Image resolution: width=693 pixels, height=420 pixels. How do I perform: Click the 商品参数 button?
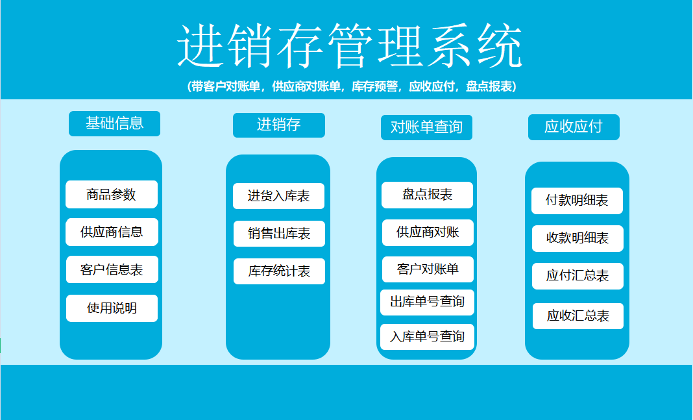(x=112, y=194)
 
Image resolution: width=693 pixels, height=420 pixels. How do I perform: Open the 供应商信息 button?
(x=112, y=232)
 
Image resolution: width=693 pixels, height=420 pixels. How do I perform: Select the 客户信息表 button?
(x=112, y=269)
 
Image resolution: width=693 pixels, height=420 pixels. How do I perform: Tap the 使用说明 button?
(x=112, y=308)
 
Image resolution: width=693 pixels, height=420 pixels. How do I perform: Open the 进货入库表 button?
(x=278, y=196)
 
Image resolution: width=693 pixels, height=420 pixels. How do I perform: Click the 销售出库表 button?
(x=279, y=234)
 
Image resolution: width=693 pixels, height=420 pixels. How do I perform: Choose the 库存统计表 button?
(x=279, y=271)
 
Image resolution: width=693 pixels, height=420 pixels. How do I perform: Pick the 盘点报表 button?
(x=427, y=195)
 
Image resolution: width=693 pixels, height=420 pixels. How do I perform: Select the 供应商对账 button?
(x=427, y=232)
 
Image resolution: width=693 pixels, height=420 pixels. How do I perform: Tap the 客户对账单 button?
(x=427, y=269)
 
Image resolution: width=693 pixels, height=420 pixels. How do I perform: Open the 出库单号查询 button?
(x=427, y=302)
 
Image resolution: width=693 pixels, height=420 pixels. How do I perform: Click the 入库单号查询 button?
(x=427, y=336)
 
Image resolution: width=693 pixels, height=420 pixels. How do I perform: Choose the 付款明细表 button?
(x=577, y=201)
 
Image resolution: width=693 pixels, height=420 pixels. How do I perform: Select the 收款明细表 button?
(x=577, y=238)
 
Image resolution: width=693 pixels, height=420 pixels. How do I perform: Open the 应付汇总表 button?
(x=577, y=276)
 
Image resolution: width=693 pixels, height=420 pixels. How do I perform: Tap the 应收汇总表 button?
(x=577, y=316)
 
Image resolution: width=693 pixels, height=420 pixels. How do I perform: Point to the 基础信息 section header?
(x=114, y=123)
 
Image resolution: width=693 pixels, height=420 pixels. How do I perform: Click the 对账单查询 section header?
(x=426, y=127)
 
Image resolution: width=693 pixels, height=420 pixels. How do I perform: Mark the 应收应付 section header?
(x=573, y=127)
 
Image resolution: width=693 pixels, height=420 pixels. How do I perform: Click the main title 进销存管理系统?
(x=349, y=47)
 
